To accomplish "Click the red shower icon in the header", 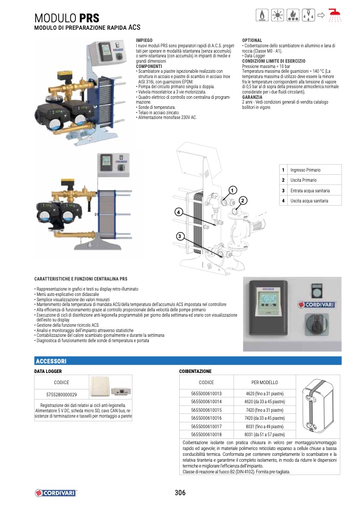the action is (335, 15).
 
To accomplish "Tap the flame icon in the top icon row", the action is (262, 15).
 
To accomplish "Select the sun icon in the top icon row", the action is (278, 15).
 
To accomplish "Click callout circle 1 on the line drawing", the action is (232, 190).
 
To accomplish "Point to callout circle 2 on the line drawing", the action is (242, 201).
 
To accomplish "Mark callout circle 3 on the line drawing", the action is (180, 236).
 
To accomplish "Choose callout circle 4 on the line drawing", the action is (178, 213).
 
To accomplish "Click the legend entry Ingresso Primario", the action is (305, 170).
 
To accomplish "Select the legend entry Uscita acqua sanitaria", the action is (309, 201).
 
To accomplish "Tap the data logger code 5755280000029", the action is (61, 394).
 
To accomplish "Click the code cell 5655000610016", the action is (206, 418).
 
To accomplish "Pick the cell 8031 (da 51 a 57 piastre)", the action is (264, 434).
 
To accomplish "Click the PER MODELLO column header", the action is (264, 383).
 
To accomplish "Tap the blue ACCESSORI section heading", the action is (51, 361).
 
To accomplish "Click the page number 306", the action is (180, 493).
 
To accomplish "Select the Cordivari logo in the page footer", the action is (56, 493).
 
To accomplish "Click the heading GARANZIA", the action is (252, 97).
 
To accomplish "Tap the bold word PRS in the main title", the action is (89, 18).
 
